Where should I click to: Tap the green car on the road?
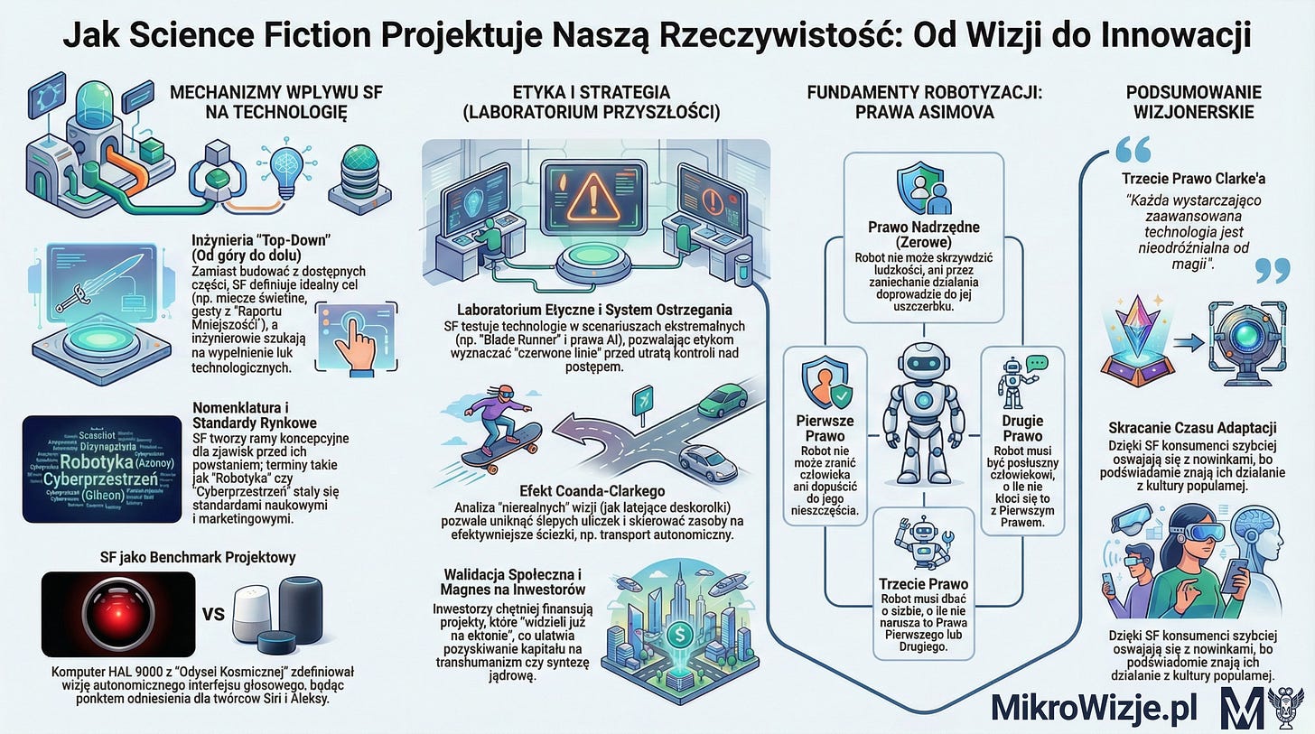point(723,398)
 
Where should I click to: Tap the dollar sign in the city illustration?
point(677,636)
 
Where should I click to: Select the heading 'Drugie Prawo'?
point(1022,429)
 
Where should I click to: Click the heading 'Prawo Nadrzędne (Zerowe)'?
point(923,235)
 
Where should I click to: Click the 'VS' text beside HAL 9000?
point(213,614)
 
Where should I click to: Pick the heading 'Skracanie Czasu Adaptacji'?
point(1192,427)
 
